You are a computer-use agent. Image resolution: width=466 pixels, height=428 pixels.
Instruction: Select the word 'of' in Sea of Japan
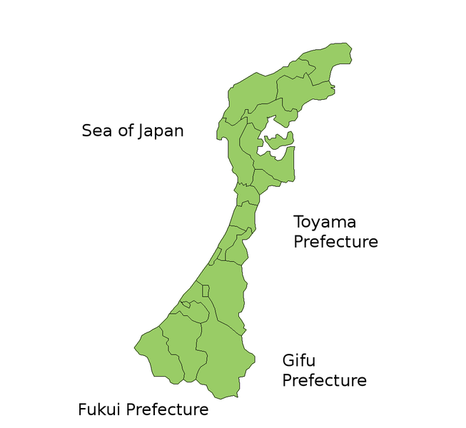point(126,131)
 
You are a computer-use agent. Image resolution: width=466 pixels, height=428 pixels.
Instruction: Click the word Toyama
point(325,223)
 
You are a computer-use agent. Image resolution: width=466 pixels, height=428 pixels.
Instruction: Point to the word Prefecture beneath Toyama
point(335,242)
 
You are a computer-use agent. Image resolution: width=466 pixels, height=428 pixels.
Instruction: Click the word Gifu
point(298,361)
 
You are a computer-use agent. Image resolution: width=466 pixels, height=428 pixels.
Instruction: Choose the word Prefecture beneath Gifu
point(324,380)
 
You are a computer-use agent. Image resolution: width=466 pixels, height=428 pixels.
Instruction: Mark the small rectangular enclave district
point(206,291)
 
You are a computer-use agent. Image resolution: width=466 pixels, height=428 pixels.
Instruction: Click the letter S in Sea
point(87,131)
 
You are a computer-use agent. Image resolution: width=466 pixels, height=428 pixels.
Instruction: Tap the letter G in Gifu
point(288,361)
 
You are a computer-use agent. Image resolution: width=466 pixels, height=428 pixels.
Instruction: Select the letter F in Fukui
point(82,409)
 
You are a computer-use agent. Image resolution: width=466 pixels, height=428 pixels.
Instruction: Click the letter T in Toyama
point(299,223)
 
